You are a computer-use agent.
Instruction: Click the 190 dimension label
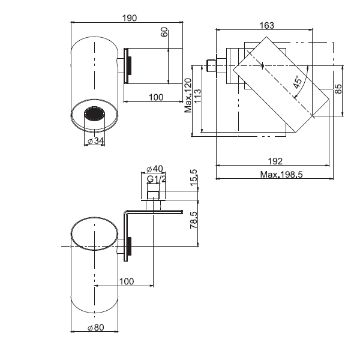(128, 17)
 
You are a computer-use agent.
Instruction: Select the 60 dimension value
(164, 32)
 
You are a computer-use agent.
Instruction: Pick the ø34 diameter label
(94, 141)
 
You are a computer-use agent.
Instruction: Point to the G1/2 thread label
(155, 178)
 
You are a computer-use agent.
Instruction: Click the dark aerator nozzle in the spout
(94, 113)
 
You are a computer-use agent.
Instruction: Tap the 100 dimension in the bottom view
(126, 281)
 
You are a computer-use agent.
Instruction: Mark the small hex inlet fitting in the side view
(210, 65)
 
